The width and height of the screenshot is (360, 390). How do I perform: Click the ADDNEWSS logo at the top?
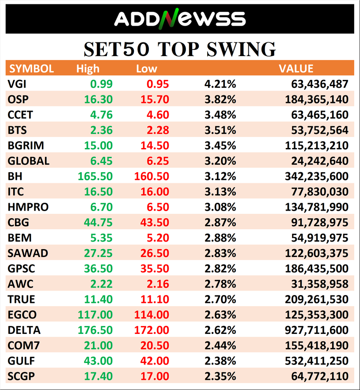[180, 19]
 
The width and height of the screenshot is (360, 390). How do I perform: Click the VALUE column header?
[296, 69]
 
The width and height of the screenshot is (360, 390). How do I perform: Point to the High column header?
[88, 69]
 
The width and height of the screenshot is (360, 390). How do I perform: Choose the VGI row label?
[17, 84]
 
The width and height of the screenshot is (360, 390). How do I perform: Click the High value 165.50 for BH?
[95, 177]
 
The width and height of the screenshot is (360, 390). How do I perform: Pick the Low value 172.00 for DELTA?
[151, 330]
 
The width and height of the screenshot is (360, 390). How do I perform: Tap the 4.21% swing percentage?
[220, 84]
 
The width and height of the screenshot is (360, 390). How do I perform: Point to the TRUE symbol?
[21, 299]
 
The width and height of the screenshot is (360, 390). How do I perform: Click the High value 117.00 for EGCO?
[95, 315]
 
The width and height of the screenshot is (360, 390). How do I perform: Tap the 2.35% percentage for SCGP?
[220, 377]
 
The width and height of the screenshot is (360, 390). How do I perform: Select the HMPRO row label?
[28, 207]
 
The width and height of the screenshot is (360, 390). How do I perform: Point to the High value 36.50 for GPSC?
[99, 269]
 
